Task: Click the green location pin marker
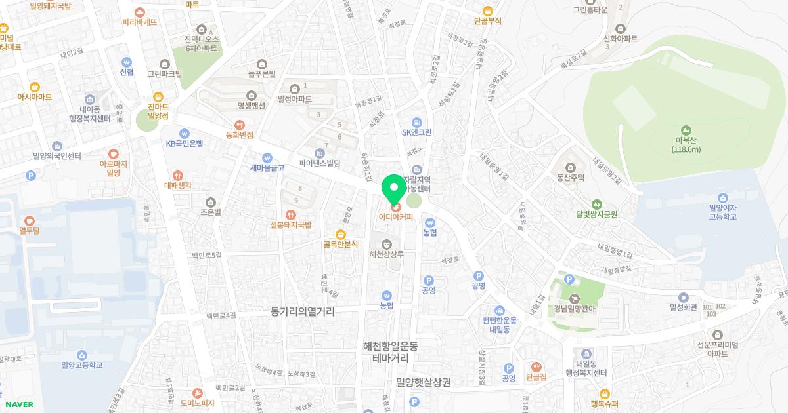(x=395, y=189)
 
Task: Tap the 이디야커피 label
(x=396, y=217)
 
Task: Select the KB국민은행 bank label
(x=185, y=143)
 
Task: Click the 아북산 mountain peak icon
(x=686, y=130)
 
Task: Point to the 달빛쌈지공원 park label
(x=597, y=214)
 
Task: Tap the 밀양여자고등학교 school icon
(x=723, y=197)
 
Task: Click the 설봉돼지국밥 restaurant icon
(x=290, y=214)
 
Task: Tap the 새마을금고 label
(x=267, y=167)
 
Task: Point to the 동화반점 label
(x=240, y=134)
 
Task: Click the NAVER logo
(x=20, y=404)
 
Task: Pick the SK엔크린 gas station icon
(x=416, y=122)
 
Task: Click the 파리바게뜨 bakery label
(x=140, y=22)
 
